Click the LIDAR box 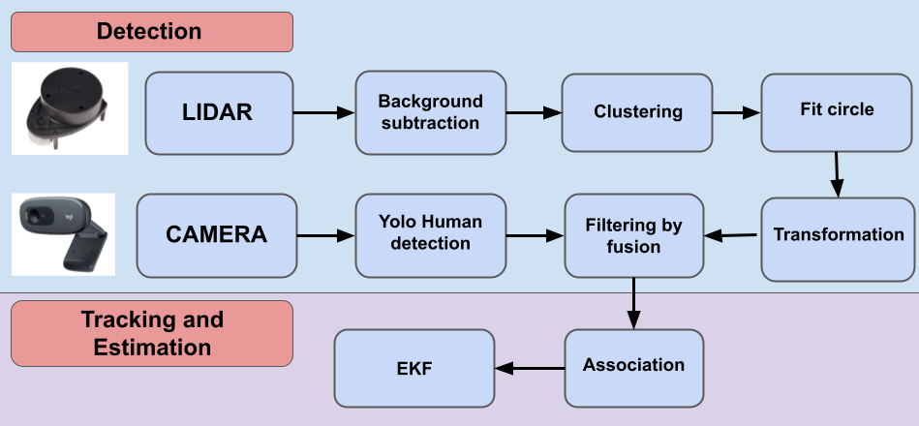(x=219, y=112)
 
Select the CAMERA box (x=216, y=235)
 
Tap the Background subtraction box (x=430, y=112)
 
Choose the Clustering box (x=637, y=112)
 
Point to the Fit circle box (x=837, y=110)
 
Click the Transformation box (x=837, y=235)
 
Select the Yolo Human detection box (x=430, y=235)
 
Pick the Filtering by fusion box (x=634, y=236)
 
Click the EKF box (x=414, y=368)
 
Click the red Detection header (x=151, y=32)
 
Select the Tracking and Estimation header (x=151, y=332)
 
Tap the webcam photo (x=63, y=235)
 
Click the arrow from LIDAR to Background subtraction (x=323, y=113)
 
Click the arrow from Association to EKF (x=530, y=368)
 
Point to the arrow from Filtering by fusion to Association (x=633, y=302)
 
